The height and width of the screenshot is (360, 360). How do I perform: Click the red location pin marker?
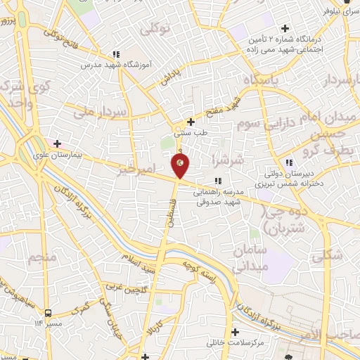click(180, 165)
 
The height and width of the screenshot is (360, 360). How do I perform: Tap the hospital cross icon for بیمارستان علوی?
click(57, 143)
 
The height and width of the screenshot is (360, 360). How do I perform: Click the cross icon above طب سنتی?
click(191, 122)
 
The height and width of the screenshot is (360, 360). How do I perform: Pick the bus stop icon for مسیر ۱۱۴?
click(47, 313)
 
